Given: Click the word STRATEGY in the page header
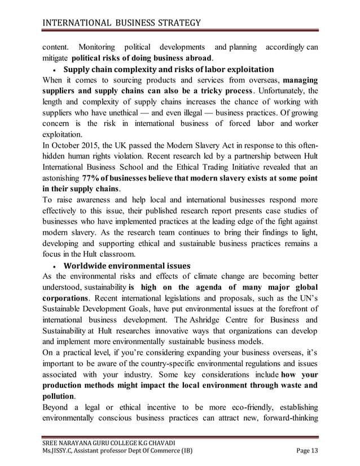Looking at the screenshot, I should point(175,23).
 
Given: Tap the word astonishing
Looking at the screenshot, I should point(62,179).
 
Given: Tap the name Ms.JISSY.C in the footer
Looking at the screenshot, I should point(58,450).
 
